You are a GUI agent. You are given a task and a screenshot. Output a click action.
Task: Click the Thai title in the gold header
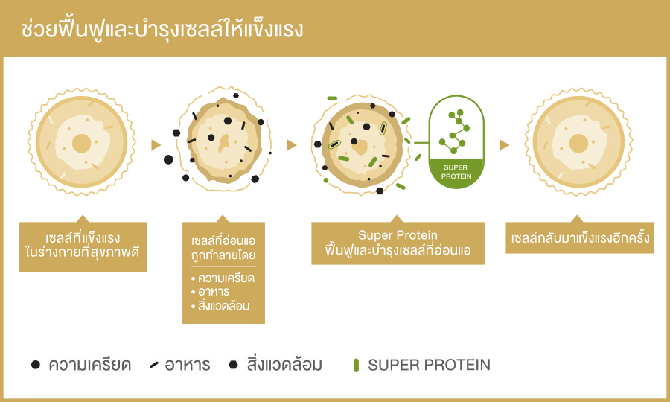(x=162, y=29)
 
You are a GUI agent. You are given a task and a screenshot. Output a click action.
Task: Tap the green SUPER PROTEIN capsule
(x=456, y=142)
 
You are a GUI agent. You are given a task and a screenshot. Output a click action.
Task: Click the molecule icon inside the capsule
(x=455, y=132)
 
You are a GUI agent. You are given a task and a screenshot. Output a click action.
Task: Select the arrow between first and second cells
(x=156, y=145)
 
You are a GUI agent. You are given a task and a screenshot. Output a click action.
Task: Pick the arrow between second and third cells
(x=292, y=145)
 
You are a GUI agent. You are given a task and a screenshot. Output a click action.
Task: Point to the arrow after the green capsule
(x=505, y=145)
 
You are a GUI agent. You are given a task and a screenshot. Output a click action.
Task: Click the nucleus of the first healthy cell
(x=82, y=144)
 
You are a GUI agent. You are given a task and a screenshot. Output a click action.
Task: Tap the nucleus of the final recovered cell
(x=578, y=144)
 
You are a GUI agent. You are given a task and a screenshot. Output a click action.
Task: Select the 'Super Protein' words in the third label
(x=398, y=235)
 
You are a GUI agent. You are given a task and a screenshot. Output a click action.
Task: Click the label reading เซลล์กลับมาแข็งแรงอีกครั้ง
(x=580, y=237)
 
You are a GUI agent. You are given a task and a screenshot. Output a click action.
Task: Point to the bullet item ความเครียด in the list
(x=223, y=278)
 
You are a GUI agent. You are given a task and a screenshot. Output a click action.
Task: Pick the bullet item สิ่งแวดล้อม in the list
(x=220, y=306)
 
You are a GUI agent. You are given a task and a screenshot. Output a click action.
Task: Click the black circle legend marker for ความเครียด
(x=36, y=365)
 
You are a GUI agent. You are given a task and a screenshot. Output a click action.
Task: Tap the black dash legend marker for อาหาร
(x=154, y=365)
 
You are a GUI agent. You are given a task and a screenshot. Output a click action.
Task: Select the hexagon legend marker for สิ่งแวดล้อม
(x=233, y=365)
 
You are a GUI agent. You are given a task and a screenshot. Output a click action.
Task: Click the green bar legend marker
(x=356, y=366)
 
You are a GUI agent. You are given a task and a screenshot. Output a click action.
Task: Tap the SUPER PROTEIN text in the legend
(x=429, y=365)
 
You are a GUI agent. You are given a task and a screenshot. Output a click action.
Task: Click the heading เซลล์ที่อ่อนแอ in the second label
(x=223, y=241)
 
